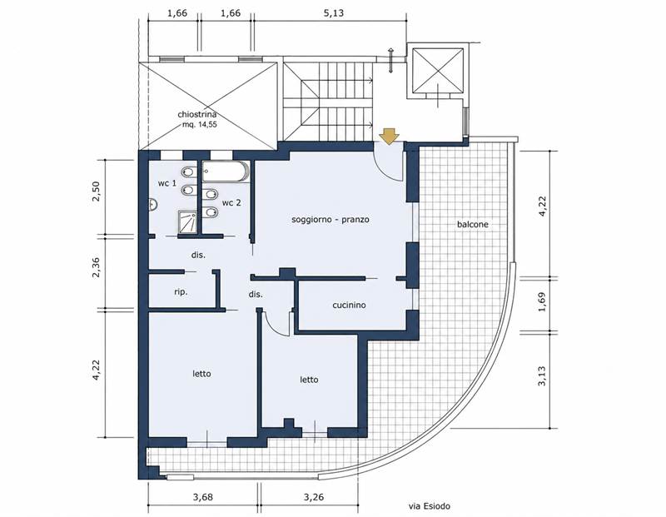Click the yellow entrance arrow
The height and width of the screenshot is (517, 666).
[389, 137]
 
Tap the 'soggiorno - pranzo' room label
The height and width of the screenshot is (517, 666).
[330, 220]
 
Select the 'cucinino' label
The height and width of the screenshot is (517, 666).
[349, 305]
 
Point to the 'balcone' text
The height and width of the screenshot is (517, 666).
[472, 224]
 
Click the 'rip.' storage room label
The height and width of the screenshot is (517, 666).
[181, 292]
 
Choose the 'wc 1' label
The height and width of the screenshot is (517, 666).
[167, 183]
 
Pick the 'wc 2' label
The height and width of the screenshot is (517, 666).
[231, 202]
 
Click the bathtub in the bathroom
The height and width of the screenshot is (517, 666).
[225, 172]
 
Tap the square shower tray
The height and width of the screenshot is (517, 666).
[188, 221]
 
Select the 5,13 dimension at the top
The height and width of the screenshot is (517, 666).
[334, 12]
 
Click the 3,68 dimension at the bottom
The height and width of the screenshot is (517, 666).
[202, 497]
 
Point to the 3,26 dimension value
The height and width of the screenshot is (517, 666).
[314, 497]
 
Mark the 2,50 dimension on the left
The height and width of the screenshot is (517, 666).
[96, 191]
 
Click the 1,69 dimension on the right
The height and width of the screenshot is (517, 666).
[542, 302]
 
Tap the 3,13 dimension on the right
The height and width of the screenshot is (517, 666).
[542, 376]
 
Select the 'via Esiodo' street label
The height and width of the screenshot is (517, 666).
[429, 506]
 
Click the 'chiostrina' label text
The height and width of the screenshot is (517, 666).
[197, 114]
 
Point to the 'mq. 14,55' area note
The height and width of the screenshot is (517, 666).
[200, 125]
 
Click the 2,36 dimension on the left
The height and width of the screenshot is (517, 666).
[96, 267]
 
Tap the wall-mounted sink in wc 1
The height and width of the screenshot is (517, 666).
[153, 205]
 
